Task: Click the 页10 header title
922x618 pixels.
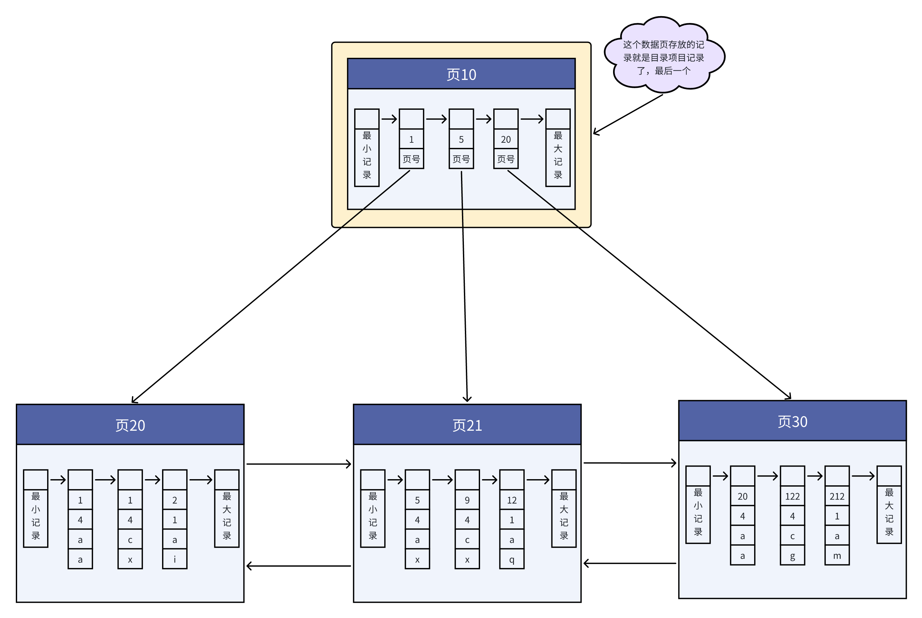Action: [461, 75]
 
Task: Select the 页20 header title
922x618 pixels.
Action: [130, 425]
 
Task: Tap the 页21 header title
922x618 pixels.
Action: [467, 425]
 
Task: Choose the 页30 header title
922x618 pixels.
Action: [792, 422]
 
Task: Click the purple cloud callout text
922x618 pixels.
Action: [663, 57]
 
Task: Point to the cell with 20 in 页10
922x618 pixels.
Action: [506, 139]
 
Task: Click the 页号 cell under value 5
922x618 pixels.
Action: [461, 159]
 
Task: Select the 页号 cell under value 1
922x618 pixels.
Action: [411, 159]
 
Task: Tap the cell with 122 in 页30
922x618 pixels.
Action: [792, 496]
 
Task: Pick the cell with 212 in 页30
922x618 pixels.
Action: [836, 496]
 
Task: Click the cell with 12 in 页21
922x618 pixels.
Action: [511, 500]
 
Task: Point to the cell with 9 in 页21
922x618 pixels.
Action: [467, 500]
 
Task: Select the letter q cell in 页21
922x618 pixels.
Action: [511, 559]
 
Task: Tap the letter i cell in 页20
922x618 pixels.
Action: [175, 559]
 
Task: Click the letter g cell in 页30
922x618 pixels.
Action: [792, 556]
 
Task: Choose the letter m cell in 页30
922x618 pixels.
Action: [836, 556]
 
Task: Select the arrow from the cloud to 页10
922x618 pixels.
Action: [628, 114]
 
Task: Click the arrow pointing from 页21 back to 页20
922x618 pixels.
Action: [298, 566]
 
